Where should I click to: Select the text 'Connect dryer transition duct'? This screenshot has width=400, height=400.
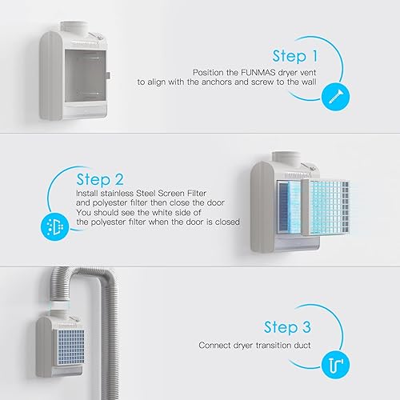(x=255, y=346)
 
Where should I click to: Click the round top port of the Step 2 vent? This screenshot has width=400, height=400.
(x=285, y=150)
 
